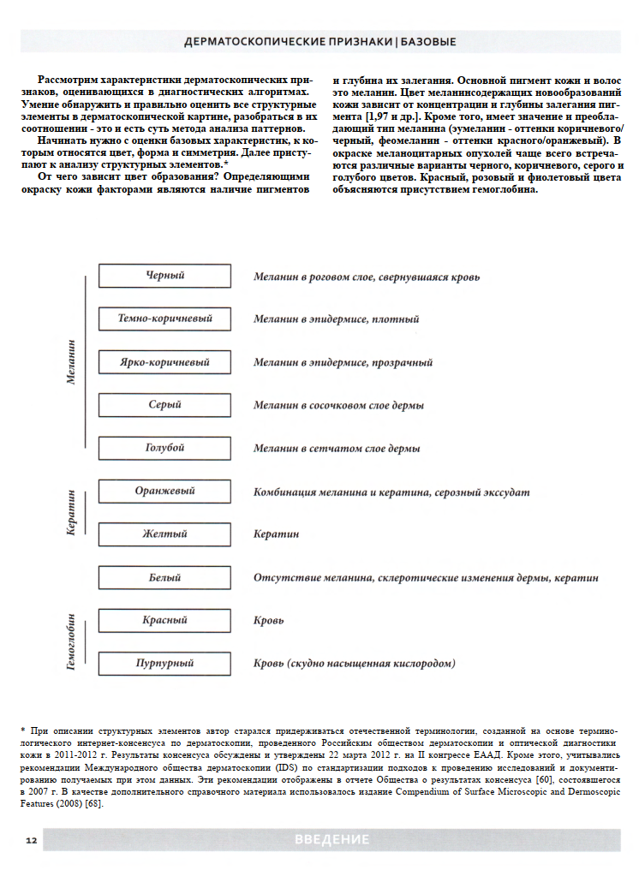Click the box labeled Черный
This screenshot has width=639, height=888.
point(164,276)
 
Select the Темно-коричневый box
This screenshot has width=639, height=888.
point(164,319)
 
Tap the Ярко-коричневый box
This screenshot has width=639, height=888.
point(164,362)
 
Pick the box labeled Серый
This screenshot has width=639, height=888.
point(164,405)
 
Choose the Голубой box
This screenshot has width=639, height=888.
point(164,448)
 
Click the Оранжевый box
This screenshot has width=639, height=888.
point(164,492)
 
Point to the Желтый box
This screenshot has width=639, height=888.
point(164,534)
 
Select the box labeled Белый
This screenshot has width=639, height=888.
point(164,578)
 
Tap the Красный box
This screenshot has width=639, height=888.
point(164,620)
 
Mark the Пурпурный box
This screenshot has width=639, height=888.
point(164,664)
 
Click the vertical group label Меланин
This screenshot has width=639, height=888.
point(72,361)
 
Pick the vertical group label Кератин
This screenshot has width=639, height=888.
point(72,513)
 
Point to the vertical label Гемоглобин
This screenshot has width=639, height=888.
point(72,641)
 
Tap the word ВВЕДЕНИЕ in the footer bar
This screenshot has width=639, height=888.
point(331,840)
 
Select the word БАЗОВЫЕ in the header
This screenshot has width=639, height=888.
point(427,41)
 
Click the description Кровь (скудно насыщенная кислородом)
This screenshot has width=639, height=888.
point(354,664)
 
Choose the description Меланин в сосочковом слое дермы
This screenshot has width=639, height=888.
point(338,405)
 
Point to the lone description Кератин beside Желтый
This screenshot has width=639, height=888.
point(276,534)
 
